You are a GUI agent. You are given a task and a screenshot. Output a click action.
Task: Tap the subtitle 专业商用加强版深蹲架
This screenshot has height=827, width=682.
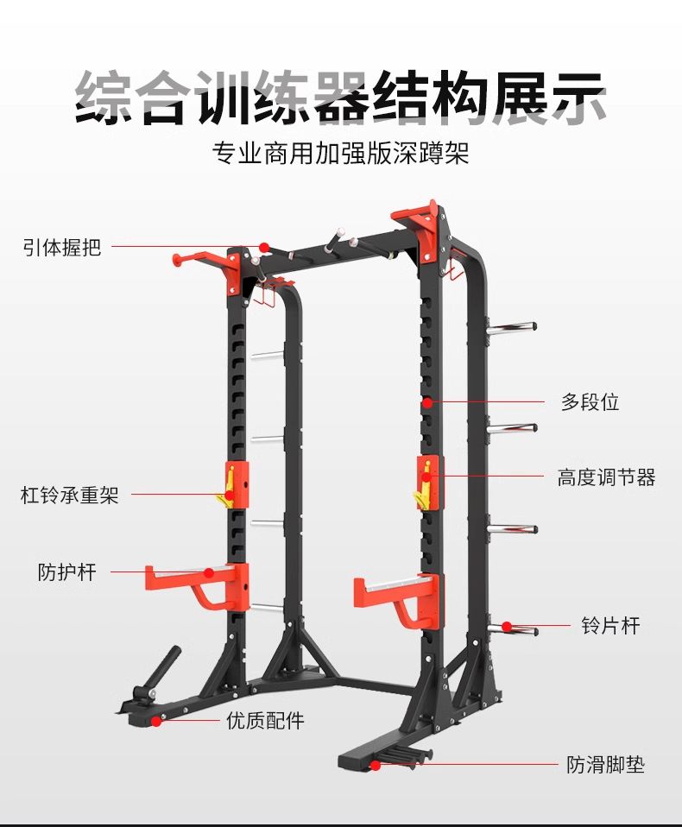click(341, 155)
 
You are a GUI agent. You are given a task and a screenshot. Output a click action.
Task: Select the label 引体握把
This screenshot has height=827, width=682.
click(62, 247)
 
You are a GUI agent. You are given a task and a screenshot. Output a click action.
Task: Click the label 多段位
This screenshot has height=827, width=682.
click(590, 402)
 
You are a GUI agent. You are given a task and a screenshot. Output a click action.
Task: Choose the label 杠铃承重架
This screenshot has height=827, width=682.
click(70, 496)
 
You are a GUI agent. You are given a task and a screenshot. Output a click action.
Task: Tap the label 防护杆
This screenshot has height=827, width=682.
click(67, 571)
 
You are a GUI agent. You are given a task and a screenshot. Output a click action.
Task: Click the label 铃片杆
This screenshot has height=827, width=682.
click(611, 626)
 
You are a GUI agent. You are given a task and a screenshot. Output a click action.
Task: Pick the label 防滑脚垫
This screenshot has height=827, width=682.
click(606, 765)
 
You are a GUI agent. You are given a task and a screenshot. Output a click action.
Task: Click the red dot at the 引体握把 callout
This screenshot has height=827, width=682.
click(263, 247)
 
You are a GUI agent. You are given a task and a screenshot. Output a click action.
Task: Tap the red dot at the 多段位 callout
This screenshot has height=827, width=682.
click(426, 402)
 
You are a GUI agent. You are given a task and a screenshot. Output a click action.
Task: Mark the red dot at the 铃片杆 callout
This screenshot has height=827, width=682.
click(508, 626)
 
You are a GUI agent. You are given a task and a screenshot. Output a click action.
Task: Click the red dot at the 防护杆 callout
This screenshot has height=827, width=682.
click(208, 571)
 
